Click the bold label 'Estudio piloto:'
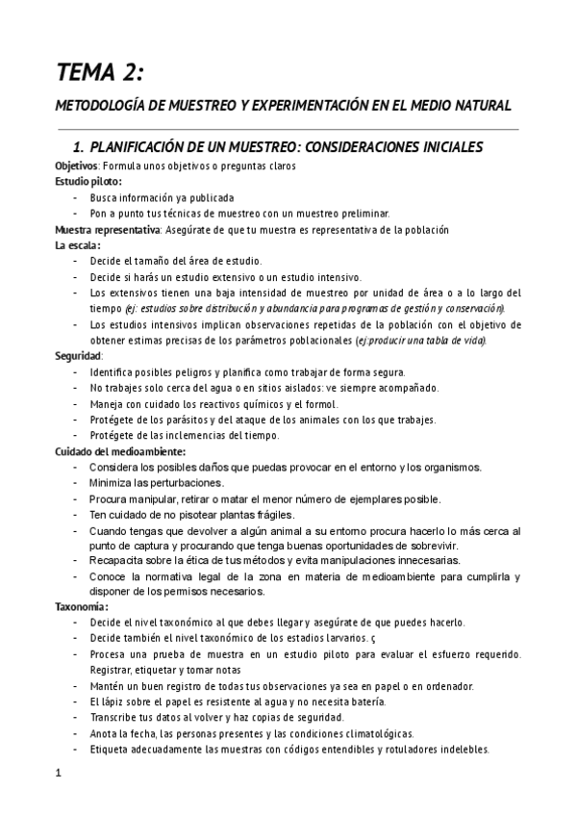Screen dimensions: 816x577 tap(88, 181)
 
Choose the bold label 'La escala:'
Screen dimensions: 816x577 tap(78, 245)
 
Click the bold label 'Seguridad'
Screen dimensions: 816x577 tap(79, 356)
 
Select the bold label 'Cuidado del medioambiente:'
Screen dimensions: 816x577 tap(120, 451)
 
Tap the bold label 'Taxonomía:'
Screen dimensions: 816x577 tap(82, 608)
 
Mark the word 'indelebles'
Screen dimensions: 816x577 tap(463, 750)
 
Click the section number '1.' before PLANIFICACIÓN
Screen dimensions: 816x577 tap(81, 147)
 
